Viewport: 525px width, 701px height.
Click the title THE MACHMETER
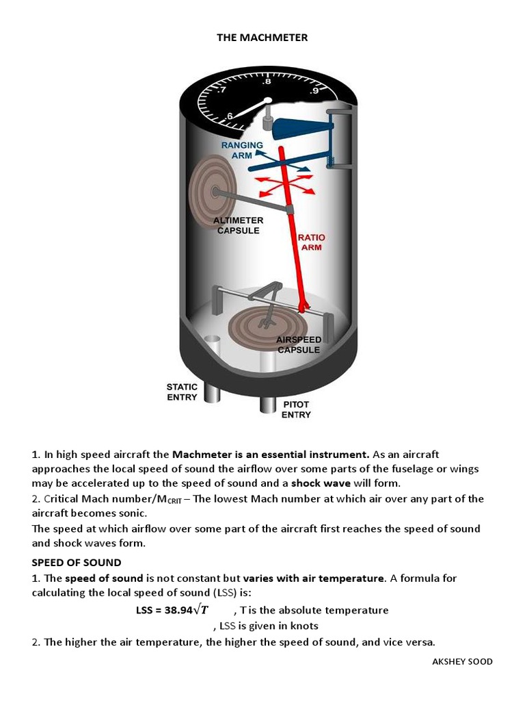[262, 38]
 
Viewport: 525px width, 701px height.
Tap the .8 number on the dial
[267, 81]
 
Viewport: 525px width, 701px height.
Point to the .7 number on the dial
[222, 90]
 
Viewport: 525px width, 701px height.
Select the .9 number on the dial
[314, 90]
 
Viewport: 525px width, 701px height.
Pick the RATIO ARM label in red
[311, 242]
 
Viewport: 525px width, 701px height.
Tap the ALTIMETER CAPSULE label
[238, 226]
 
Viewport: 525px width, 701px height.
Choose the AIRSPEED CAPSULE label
[299, 344]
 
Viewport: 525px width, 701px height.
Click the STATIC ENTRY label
[182, 392]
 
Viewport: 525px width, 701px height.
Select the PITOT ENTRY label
[296, 409]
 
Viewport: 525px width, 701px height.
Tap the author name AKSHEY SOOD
[463, 661]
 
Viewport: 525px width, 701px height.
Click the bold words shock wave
[321, 483]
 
